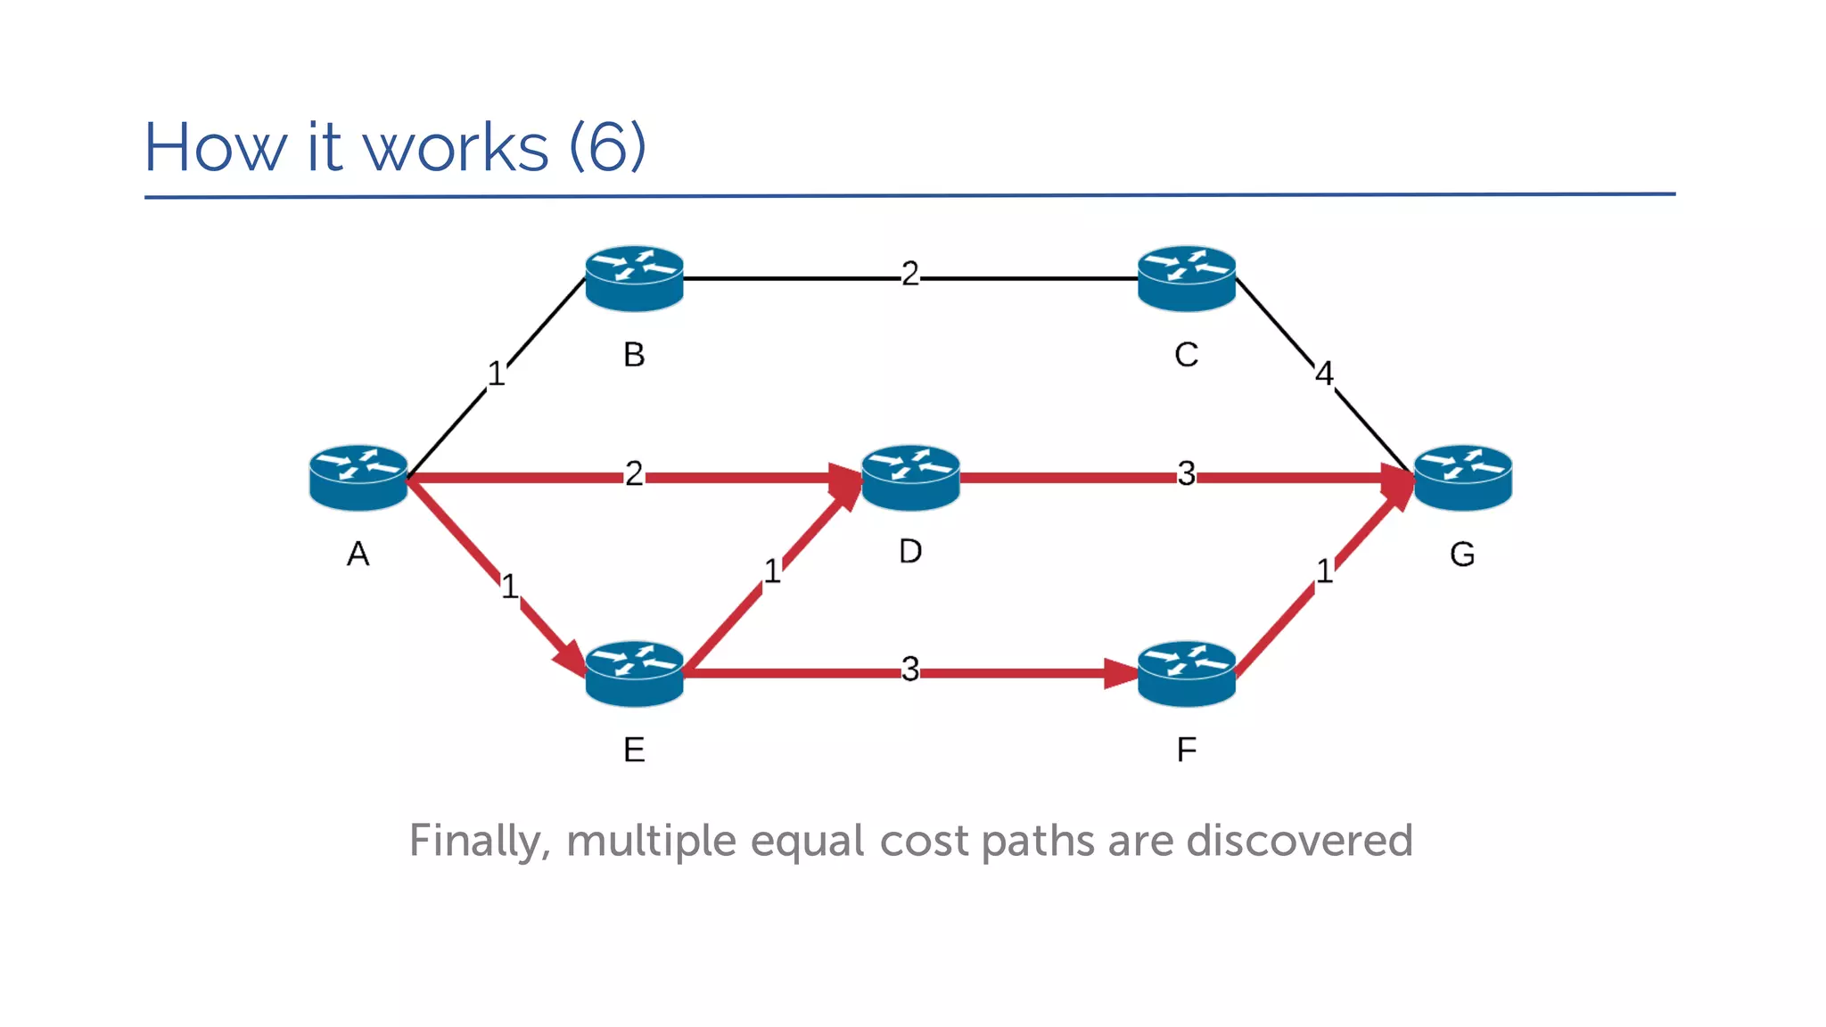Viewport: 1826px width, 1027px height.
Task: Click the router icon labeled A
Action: [358, 478]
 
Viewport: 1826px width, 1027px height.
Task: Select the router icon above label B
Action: [634, 278]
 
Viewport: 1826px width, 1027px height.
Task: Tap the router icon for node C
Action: [1186, 278]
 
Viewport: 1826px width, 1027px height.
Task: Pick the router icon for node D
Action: [910, 478]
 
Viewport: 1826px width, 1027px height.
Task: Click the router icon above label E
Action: [634, 674]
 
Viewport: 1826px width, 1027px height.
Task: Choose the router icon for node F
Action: [1186, 674]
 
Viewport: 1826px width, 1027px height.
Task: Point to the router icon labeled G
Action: [1462, 478]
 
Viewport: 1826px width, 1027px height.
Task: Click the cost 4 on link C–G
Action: [1324, 374]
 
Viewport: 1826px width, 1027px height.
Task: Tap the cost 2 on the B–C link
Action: [909, 274]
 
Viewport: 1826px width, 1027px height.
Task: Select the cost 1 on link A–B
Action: [496, 374]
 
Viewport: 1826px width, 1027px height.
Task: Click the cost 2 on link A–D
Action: [634, 473]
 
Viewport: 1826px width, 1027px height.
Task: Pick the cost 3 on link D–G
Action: [1186, 473]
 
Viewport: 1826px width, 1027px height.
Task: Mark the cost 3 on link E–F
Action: [909, 669]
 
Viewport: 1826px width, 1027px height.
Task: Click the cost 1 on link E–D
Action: [772, 571]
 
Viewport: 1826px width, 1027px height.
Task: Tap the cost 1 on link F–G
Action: [1324, 571]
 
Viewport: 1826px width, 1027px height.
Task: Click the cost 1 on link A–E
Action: [509, 587]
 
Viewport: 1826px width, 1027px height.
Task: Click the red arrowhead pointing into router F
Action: [1122, 674]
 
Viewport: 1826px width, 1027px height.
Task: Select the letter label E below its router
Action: [634, 751]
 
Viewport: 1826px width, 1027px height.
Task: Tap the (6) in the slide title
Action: [607, 147]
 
